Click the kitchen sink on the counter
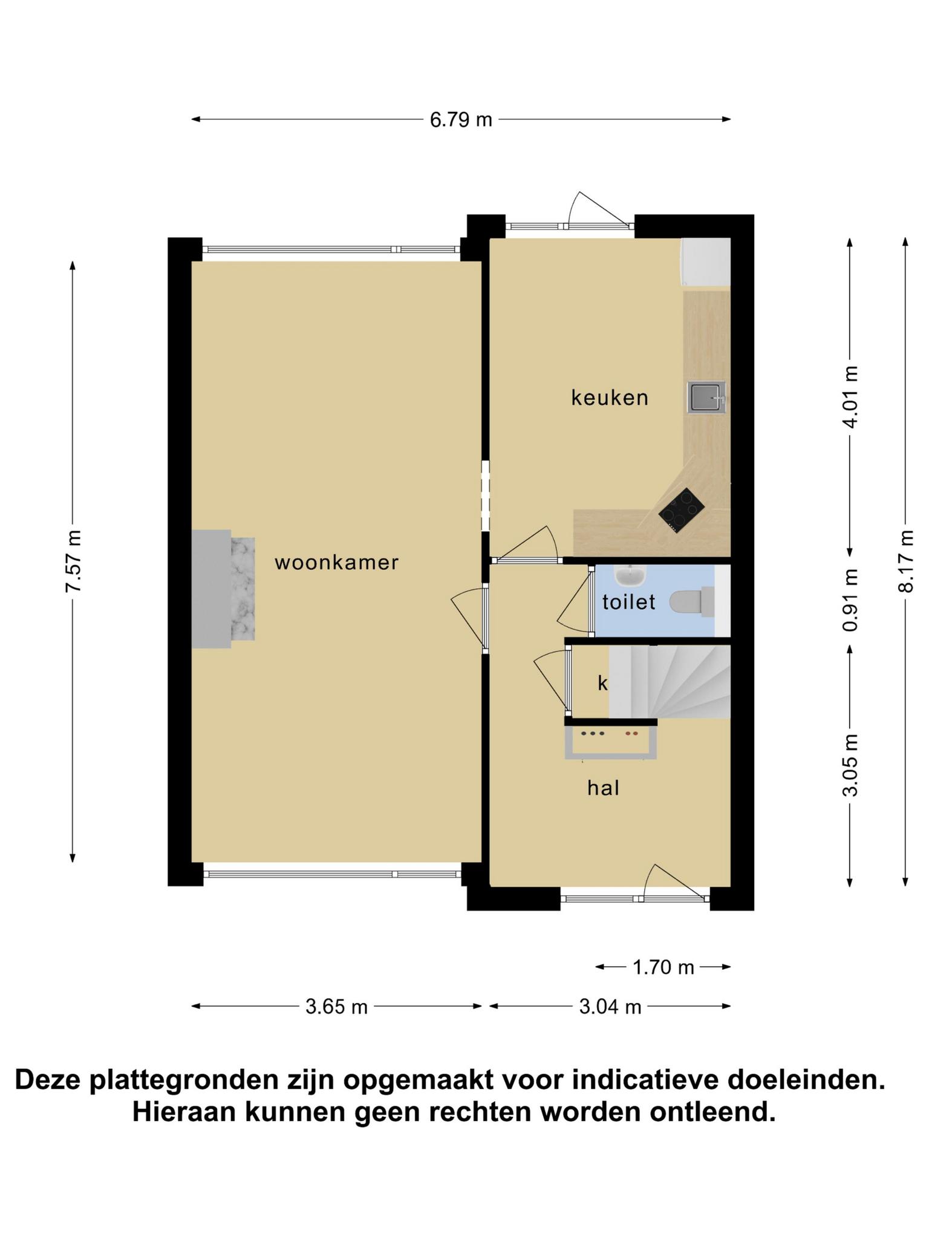[706, 397]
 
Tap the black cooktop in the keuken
[682, 510]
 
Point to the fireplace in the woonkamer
[223, 589]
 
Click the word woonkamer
[337, 563]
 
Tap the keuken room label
[610, 397]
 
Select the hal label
[604, 788]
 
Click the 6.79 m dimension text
[461, 120]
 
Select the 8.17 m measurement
[906, 561]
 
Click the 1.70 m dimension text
[663, 967]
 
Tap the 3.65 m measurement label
[337, 1007]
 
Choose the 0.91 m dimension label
[850, 600]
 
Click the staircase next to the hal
[670, 682]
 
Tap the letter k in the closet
[602, 683]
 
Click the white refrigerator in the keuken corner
[706, 261]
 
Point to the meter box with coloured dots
[611, 742]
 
